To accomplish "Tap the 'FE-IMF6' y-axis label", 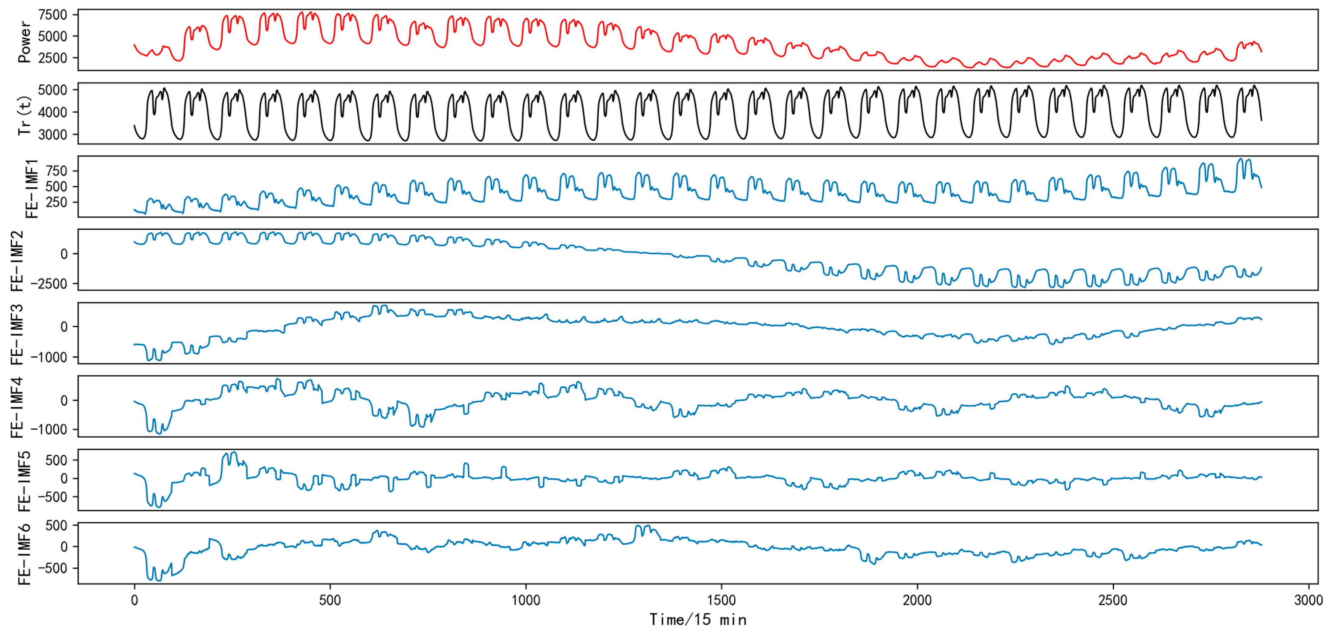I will [x=24, y=554].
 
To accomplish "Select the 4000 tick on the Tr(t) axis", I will [x=52, y=112].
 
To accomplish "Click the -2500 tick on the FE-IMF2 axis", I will [x=49, y=284].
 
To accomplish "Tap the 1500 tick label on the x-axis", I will [x=721, y=601].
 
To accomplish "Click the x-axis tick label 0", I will [x=134, y=601].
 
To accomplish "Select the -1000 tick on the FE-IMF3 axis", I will [x=49, y=357].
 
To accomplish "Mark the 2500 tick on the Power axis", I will [x=52, y=58].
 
